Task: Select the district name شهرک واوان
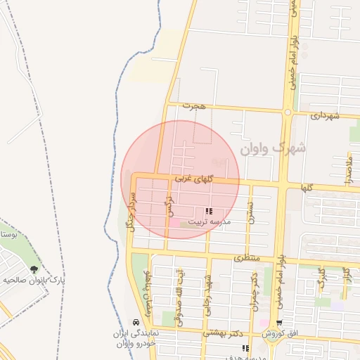273,149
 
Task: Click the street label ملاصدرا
348,171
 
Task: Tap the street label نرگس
169,204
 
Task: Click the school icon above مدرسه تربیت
208,211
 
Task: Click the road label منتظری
246,258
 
